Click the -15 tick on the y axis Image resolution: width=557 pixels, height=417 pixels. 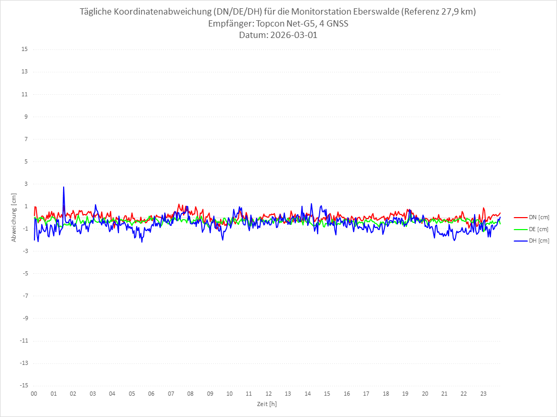click(23, 385)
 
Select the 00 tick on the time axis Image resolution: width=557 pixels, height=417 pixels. click(34, 394)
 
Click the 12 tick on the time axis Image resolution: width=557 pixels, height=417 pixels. click(269, 394)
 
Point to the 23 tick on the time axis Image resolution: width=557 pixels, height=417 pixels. click(483, 394)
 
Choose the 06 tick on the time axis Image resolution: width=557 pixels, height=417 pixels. click(151, 394)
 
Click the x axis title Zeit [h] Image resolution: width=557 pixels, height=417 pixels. click(267, 404)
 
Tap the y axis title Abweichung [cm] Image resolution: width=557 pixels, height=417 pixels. click(14, 218)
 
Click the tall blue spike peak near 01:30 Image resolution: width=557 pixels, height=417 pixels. click(64, 187)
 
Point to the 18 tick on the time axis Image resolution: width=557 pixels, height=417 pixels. click(386, 394)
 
